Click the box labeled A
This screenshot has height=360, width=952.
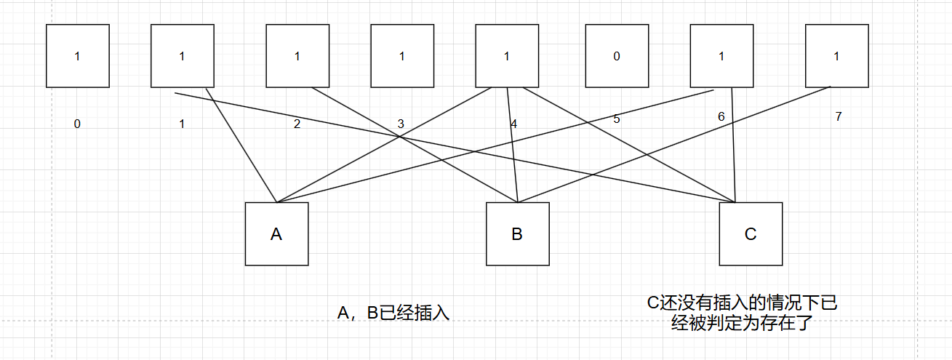276,233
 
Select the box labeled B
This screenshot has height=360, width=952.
517,233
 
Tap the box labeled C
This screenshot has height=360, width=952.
751,233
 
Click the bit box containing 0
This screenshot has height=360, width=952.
617,56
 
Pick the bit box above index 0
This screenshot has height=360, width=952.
77,56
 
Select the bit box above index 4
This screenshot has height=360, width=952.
507,56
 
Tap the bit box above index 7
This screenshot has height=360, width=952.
836,56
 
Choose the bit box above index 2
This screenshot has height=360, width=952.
297,56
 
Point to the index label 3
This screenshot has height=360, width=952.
400,124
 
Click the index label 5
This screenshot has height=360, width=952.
617,119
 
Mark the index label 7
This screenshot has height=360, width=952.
838,116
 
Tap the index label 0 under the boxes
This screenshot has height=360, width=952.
77,124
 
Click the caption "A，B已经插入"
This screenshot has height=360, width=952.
393,313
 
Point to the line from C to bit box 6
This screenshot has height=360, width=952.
734,145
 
